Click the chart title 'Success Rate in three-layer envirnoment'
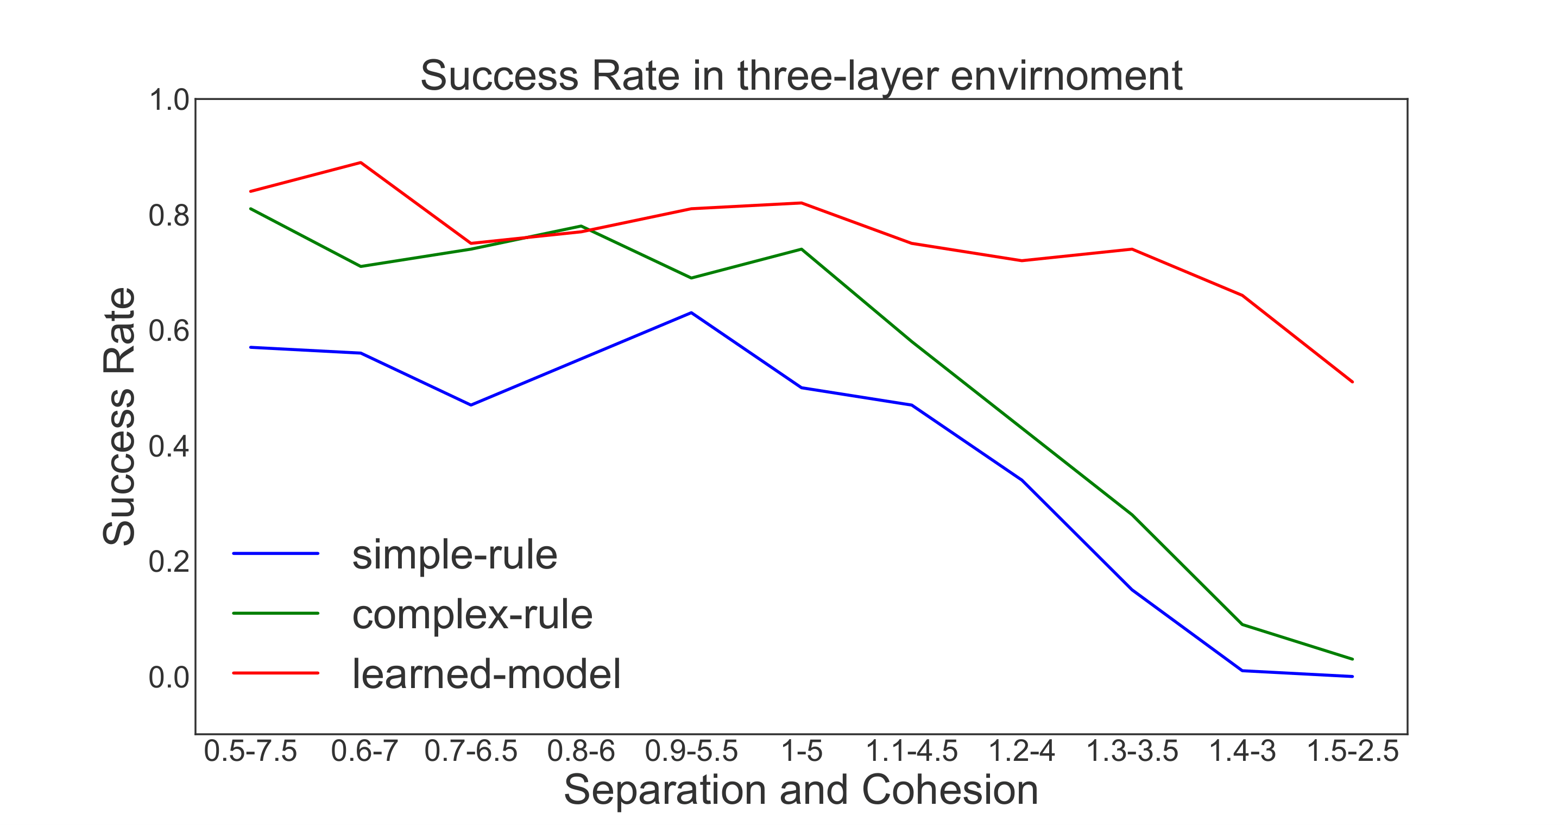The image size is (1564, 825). (x=801, y=76)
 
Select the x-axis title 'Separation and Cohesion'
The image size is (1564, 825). (x=801, y=790)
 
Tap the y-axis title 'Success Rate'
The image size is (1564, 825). (x=119, y=416)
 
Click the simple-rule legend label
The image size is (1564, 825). (x=454, y=555)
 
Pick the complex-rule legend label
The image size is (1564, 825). (x=472, y=614)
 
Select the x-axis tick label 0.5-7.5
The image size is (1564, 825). (x=250, y=752)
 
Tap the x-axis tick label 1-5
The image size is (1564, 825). (x=802, y=752)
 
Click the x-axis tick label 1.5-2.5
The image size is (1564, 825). (x=1352, y=752)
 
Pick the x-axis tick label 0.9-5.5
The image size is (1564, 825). (x=691, y=752)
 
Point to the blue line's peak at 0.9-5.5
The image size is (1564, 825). (x=691, y=313)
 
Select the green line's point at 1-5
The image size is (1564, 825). (x=802, y=249)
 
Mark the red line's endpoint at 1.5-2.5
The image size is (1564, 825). (x=1352, y=382)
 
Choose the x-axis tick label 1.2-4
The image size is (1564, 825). (x=1022, y=752)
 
